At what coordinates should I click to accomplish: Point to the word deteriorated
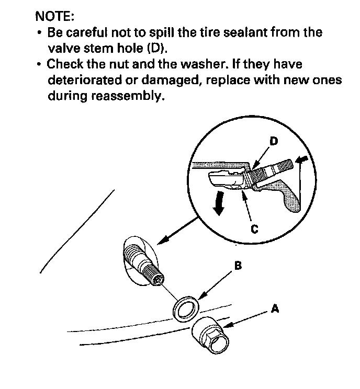(84, 80)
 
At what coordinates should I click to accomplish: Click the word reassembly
(128, 96)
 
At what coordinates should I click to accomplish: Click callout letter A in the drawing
(275, 308)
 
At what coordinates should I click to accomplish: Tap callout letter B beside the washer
(238, 266)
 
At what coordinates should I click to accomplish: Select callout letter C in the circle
(255, 229)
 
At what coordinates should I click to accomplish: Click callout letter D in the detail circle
(274, 141)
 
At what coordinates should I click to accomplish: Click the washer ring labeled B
(186, 309)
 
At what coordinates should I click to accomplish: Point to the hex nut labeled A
(210, 336)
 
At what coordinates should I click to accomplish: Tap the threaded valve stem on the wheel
(143, 262)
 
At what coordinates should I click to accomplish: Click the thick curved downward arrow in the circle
(219, 203)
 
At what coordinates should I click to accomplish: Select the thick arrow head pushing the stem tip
(301, 159)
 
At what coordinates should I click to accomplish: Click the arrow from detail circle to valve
(178, 231)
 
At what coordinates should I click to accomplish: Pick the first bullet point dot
(39, 32)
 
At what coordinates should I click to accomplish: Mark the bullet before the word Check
(39, 64)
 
